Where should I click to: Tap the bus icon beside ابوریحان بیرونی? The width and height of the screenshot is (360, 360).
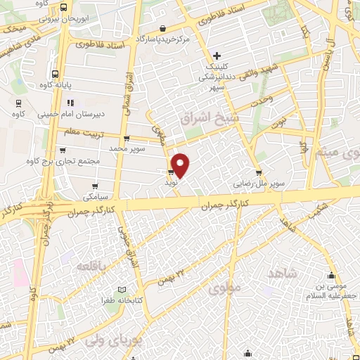[x=64, y=6]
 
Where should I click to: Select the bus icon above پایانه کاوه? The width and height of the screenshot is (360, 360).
[x=55, y=72]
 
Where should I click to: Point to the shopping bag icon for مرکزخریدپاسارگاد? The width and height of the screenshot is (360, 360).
[x=164, y=29]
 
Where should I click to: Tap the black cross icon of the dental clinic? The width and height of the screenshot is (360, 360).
[x=217, y=56]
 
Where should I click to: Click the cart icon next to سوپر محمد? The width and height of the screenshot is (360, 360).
[x=126, y=139]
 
